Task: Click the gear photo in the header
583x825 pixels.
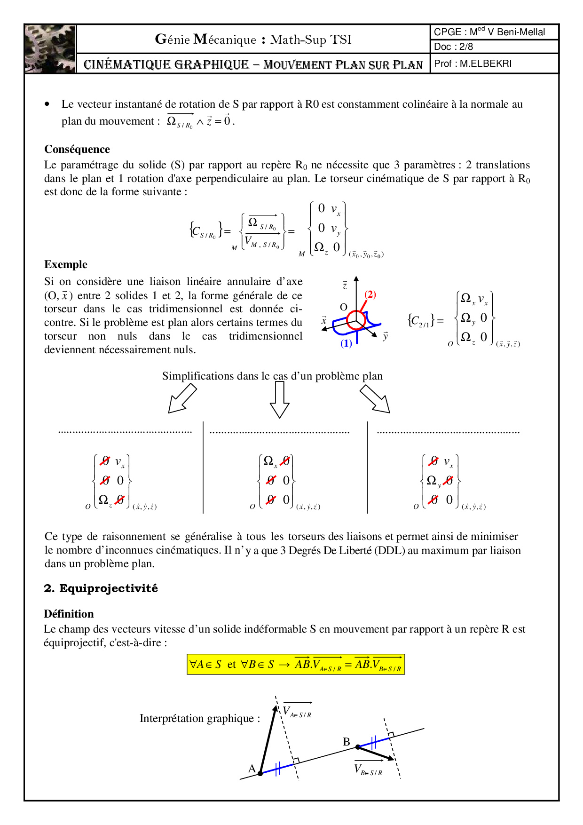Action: [50, 49]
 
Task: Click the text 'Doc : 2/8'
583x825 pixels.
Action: [453, 47]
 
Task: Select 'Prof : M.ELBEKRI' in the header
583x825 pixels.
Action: [473, 63]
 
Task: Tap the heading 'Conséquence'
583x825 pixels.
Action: [77, 149]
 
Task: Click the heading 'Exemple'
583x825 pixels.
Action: [66, 264]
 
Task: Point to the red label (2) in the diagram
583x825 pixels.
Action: [370, 294]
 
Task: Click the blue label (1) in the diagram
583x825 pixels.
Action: [346, 343]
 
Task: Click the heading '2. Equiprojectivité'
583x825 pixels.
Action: [101, 588]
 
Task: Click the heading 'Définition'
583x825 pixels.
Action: [69, 614]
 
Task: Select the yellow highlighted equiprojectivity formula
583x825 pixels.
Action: [296, 665]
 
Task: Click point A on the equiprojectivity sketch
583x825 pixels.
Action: [260, 773]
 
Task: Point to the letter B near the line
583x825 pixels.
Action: [347, 742]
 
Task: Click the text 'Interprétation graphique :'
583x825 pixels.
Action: [200, 718]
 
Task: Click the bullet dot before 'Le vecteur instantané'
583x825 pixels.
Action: [47, 104]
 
